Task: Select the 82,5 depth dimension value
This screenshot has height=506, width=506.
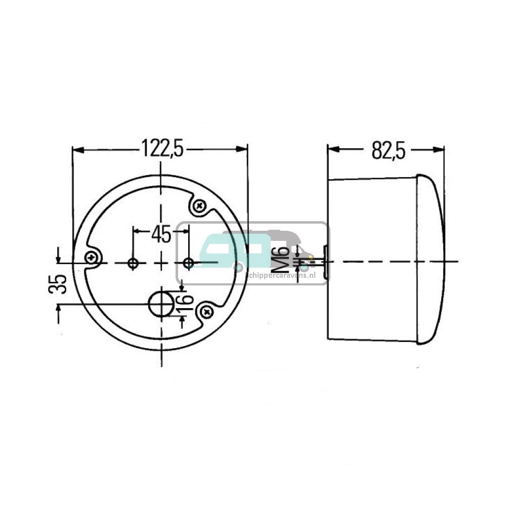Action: [x=389, y=150]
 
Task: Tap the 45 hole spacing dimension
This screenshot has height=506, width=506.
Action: [x=161, y=234]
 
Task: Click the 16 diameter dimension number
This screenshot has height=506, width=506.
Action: [x=186, y=303]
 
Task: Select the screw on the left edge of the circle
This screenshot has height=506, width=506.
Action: [x=92, y=258]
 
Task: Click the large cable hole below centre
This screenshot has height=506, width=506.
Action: [x=160, y=304]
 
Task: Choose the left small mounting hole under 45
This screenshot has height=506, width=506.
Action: [x=133, y=263]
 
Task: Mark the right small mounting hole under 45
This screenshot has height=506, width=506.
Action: [x=188, y=263]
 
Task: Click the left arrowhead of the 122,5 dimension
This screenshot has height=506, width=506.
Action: [x=77, y=150]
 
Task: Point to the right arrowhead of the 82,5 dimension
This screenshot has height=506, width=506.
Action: [x=440, y=150]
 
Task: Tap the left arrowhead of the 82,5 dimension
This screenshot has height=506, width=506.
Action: [x=332, y=150]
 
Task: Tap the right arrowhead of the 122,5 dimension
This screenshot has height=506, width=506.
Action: [x=243, y=150]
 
